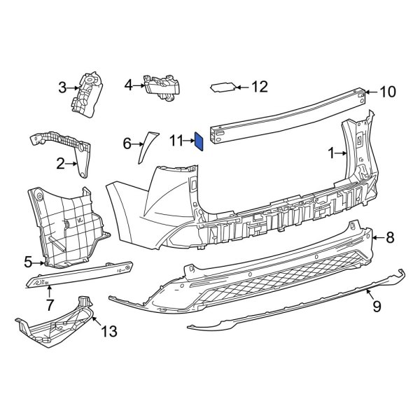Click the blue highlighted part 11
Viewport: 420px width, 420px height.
(x=199, y=142)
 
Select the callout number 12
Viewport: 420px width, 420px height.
(x=259, y=87)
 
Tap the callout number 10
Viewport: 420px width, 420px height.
(x=387, y=92)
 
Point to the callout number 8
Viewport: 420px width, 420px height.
(x=390, y=238)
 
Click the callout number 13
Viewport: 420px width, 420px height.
(x=110, y=330)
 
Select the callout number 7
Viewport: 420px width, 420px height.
(x=50, y=304)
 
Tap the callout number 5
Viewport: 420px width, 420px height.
(x=28, y=262)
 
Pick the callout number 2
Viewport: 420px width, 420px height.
(x=60, y=164)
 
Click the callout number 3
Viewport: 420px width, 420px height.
(x=62, y=87)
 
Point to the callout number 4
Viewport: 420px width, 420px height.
(x=128, y=85)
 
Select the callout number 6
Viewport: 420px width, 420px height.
(x=127, y=143)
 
